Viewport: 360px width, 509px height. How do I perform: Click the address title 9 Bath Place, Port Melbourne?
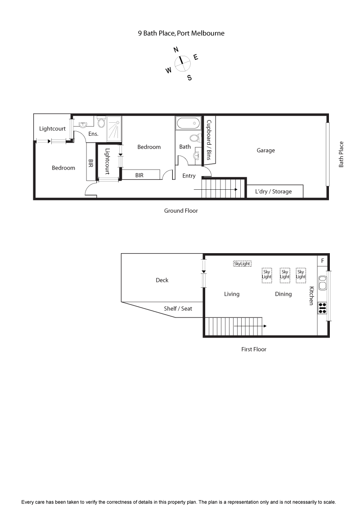(181, 33)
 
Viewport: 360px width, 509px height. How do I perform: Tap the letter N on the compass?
(176, 50)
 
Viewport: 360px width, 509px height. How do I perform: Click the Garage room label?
(265, 151)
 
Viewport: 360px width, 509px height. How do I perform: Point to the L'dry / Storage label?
(273, 192)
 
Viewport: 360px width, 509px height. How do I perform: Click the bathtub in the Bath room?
(188, 123)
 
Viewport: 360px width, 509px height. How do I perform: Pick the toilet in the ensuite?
(101, 122)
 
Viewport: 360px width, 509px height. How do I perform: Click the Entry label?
(189, 176)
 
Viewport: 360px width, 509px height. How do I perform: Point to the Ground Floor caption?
(180, 210)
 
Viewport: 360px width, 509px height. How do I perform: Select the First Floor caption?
(254, 349)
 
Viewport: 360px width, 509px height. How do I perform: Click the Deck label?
(162, 280)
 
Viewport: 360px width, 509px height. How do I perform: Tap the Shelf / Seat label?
(177, 308)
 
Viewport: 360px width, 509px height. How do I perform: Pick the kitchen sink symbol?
(323, 283)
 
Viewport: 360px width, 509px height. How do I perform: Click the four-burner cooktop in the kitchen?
(323, 308)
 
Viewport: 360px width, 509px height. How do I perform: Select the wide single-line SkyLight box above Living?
(242, 264)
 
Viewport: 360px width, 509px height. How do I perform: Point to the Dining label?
(283, 294)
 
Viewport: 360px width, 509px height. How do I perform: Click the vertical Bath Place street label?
(341, 154)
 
